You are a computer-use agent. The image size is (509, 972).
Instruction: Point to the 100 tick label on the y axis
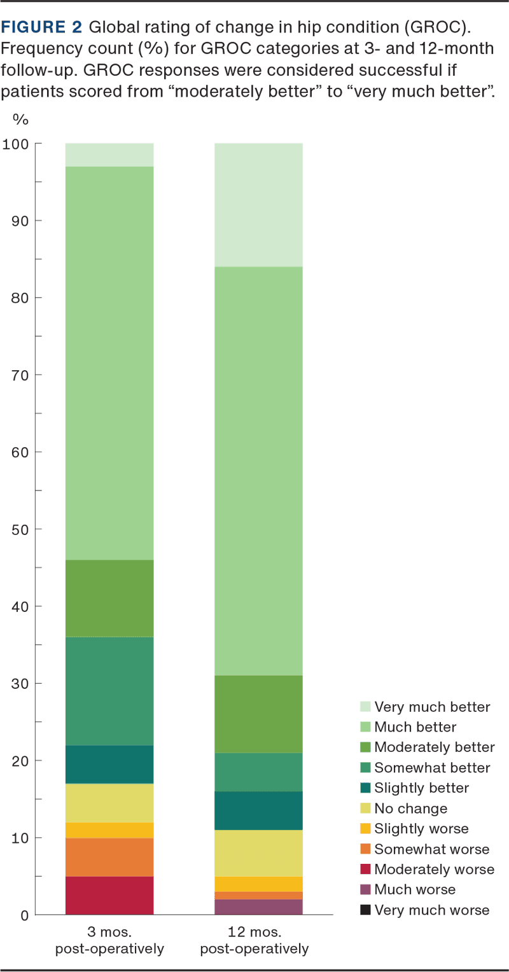pos(17,144)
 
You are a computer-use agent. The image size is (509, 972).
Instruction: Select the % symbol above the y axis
pos(21,119)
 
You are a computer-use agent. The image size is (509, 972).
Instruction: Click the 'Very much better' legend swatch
pos(365,707)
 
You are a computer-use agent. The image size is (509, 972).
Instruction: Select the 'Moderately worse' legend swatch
pos(365,870)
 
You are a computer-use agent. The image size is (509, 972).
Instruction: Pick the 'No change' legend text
pos(410,809)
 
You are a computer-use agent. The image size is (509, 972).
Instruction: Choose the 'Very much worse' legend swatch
pos(365,910)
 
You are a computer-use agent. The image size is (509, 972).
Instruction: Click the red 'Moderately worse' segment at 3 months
pos(109,895)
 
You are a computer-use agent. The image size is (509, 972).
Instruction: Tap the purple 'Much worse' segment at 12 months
pos(258,906)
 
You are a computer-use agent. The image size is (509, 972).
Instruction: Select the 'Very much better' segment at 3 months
pos(109,155)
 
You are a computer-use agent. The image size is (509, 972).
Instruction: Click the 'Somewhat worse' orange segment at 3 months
pos(109,857)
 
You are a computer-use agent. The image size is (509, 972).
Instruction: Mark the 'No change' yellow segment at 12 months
pos(258,853)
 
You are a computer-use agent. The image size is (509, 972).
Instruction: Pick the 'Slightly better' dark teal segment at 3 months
pos(109,764)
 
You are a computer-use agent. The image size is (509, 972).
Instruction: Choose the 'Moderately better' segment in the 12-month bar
pos(258,714)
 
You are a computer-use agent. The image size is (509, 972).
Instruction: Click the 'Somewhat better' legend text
pos(432,768)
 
